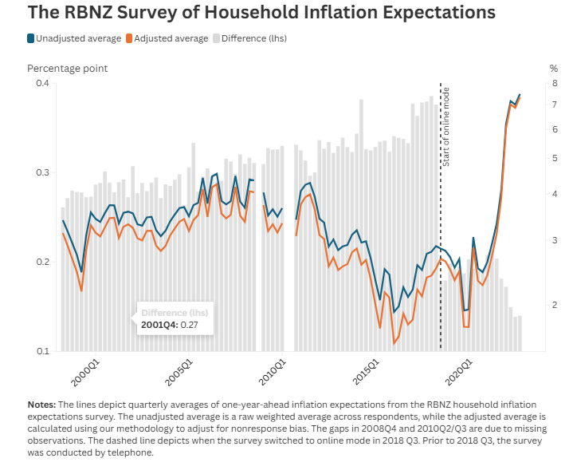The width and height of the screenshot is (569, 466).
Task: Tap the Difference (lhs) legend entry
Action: point(253,38)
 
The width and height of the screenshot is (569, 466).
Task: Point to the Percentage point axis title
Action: point(67,69)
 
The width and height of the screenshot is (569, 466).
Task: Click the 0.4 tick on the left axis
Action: point(41,84)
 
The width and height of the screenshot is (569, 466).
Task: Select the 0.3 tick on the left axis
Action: point(41,173)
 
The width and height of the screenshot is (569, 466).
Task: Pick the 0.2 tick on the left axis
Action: point(41,263)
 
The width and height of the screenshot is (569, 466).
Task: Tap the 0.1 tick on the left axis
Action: point(41,351)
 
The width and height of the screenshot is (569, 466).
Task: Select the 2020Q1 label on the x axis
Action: point(465,373)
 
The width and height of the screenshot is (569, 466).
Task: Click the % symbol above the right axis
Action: point(554,69)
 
